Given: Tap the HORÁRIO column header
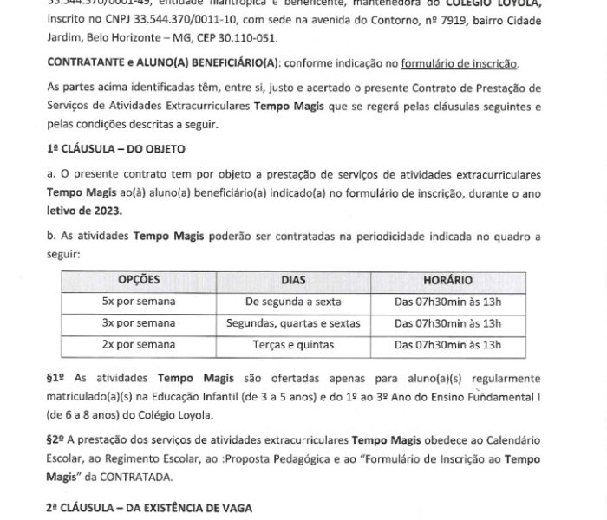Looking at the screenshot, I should click(x=447, y=281).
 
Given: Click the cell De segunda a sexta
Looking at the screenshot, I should click(x=294, y=302).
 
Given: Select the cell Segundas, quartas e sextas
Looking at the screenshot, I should click(x=294, y=322).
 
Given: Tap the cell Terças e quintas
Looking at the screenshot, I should click(x=294, y=344).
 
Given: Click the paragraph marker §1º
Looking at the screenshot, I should click(x=56, y=379).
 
